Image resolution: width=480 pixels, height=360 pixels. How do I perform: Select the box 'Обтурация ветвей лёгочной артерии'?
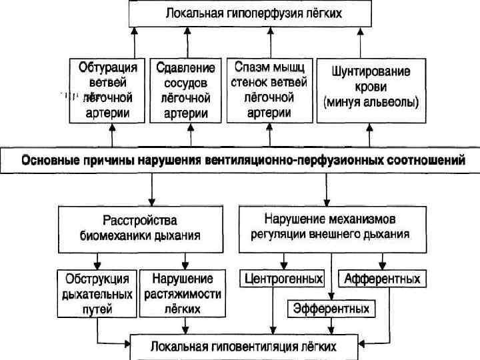(x=108, y=91)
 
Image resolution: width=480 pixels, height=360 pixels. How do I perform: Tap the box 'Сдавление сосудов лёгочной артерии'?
(x=187, y=91)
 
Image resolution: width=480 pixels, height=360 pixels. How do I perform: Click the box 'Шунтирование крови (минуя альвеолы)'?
(x=371, y=91)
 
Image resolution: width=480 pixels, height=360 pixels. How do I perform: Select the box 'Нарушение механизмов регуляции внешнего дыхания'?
(x=331, y=227)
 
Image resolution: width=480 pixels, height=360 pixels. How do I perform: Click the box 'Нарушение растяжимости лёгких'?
(x=182, y=293)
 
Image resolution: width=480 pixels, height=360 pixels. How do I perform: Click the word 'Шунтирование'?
(x=371, y=71)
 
